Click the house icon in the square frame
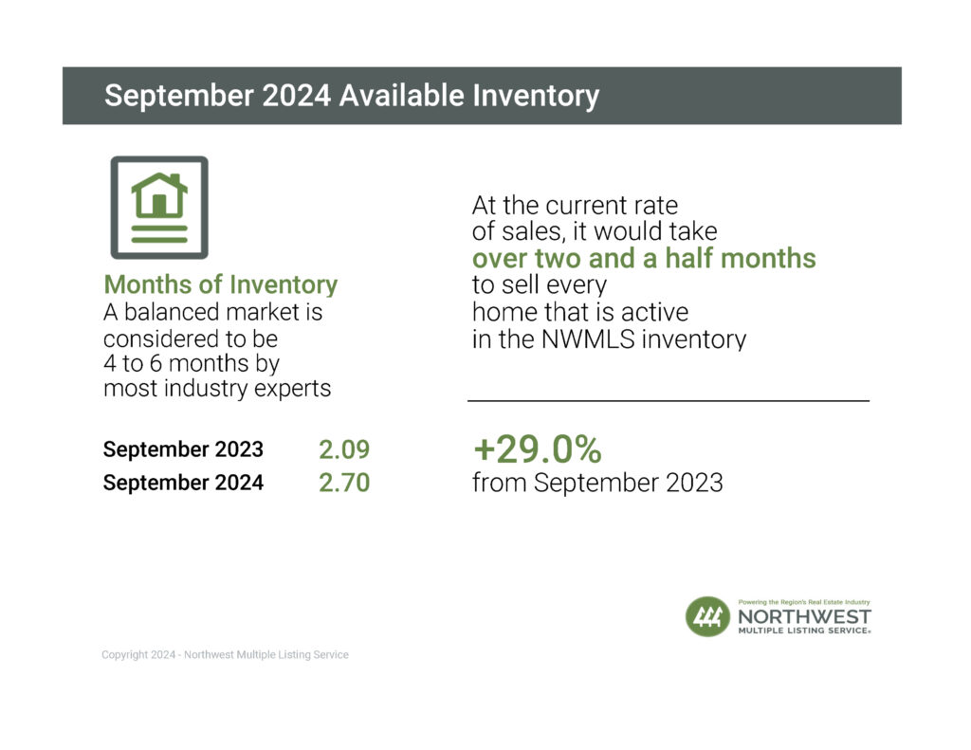(159, 208)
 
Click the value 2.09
(343, 449)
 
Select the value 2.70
(343, 483)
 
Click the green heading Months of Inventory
(220, 284)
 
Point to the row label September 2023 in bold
(183, 449)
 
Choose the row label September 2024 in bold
(183, 483)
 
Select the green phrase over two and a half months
(644, 258)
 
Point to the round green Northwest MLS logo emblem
(707, 616)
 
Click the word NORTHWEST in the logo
(803, 616)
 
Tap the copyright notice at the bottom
(225, 654)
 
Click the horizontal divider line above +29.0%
(669, 401)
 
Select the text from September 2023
(597, 483)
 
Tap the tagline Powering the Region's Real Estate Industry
(803, 602)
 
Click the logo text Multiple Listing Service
(803, 631)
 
